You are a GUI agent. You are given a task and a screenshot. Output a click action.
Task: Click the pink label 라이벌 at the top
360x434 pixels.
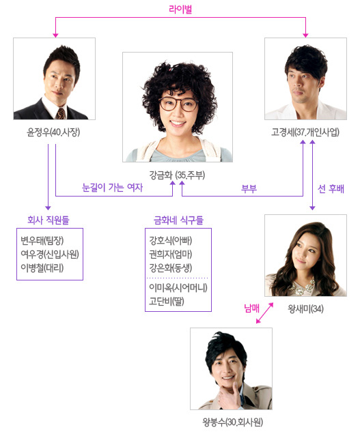coord(180,9)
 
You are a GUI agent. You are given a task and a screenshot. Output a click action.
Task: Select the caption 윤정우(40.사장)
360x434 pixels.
coord(53,132)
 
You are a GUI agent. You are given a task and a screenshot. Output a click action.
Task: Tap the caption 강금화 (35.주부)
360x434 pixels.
coord(177,175)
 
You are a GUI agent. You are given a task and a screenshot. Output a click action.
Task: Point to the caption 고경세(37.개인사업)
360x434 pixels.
coord(305,132)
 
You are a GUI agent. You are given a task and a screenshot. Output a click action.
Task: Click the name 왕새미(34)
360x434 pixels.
coord(305,308)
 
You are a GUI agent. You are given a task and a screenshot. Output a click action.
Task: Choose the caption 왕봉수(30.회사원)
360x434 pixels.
coord(232,422)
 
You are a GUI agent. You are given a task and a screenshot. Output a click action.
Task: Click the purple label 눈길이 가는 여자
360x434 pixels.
coord(113,188)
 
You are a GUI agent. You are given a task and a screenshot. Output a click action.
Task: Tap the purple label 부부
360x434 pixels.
coord(249,189)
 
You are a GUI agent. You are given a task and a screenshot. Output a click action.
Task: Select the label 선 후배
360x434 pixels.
coord(331,189)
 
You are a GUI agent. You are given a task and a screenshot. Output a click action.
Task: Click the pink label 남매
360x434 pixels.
coord(251,308)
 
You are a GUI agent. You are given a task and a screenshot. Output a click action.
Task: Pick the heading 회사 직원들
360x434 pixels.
coord(49,220)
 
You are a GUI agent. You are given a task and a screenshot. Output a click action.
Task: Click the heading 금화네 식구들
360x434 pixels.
coord(178,220)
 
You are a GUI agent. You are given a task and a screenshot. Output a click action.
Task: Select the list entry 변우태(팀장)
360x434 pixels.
coord(42,240)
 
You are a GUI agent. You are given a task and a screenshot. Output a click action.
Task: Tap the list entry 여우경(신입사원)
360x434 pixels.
coord(50,254)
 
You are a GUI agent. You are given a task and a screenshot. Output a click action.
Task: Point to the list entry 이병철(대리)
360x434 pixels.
coord(42,267)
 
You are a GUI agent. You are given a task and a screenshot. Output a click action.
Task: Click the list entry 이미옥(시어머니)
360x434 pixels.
coord(178,287)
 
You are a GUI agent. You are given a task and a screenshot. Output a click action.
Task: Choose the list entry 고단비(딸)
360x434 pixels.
coord(167,301)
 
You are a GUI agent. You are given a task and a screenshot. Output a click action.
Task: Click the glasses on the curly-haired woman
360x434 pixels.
coord(178,104)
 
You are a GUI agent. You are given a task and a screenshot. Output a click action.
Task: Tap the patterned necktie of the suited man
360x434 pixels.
coord(61,113)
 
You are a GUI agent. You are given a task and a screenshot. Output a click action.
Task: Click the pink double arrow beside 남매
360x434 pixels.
coord(264,313)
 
